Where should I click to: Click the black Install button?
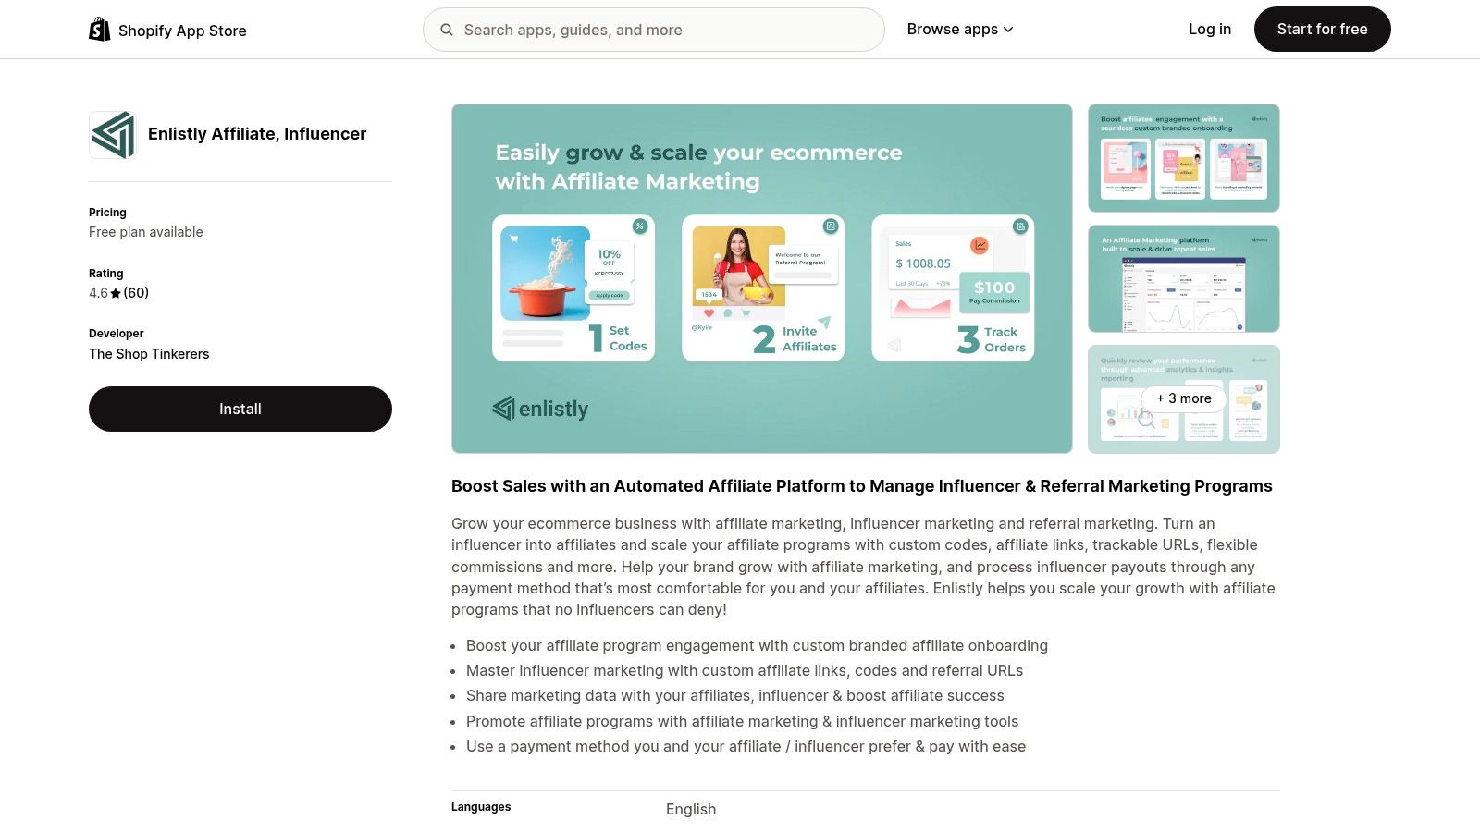click(240, 409)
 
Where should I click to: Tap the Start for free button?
click(1322, 30)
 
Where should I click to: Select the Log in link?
click(1209, 30)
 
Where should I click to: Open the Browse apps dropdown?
click(960, 30)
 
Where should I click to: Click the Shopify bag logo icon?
click(100, 30)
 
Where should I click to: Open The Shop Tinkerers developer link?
click(149, 354)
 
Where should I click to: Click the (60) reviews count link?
click(136, 293)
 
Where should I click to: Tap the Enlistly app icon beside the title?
click(113, 135)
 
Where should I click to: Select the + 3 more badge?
click(1184, 398)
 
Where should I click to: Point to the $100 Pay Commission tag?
click(994, 291)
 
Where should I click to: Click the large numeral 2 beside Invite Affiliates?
click(764, 339)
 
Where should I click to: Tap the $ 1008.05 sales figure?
click(923, 263)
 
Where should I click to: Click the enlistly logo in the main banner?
click(541, 409)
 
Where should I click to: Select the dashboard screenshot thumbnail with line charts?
click(1184, 278)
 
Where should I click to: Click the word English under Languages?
click(691, 809)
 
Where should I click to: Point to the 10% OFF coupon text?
click(609, 256)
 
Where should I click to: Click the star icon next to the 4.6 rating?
click(116, 294)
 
